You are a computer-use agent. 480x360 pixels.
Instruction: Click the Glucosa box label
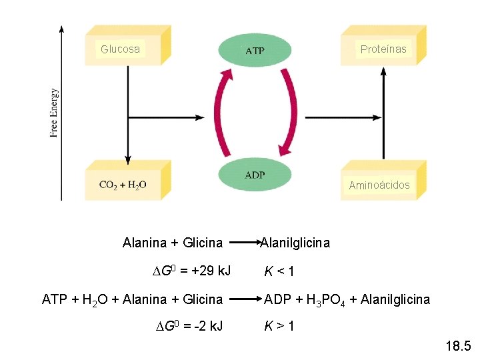click(x=120, y=49)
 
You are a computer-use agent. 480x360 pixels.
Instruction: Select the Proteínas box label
click(x=383, y=49)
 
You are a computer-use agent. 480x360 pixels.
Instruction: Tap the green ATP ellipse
click(x=255, y=51)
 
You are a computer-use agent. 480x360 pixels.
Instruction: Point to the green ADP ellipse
click(x=255, y=175)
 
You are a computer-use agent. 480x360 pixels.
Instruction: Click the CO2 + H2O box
click(x=123, y=184)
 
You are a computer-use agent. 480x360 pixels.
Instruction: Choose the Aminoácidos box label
click(x=379, y=185)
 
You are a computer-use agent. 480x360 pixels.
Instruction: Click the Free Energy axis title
click(x=54, y=113)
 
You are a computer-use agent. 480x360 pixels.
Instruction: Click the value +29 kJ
click(x=211, y=271)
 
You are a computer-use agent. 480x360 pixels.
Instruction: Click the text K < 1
click(x=279, y=271)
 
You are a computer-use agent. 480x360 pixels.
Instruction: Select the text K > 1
click(x=279, y=326)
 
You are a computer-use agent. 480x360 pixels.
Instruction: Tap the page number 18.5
click(x=457, y=346)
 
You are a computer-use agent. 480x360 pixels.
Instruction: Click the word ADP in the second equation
click(x=278, y=299)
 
